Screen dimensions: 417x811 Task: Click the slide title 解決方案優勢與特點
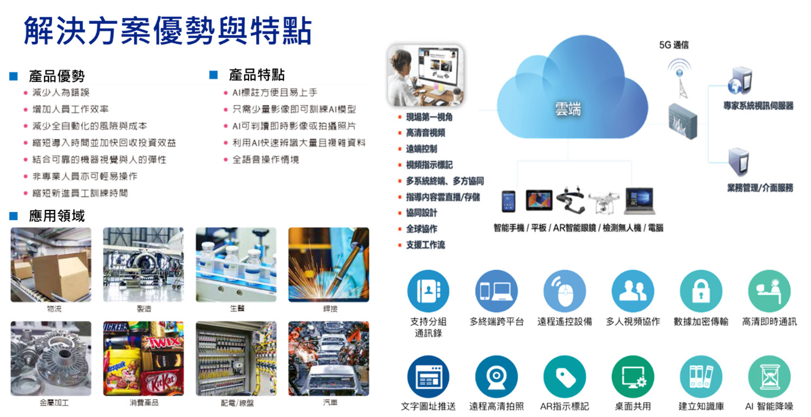click(167, 32)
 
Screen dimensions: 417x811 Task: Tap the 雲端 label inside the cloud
click(568, 109)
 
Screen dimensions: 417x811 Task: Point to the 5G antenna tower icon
click(679, 76)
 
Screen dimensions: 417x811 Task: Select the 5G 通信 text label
click(673, 45)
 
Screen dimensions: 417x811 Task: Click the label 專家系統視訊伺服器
click(758, 106)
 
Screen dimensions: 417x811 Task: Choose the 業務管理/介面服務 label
click(760, 188)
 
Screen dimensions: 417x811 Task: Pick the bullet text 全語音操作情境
click(265, 160)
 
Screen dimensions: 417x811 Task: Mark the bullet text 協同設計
click(421, 213)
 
